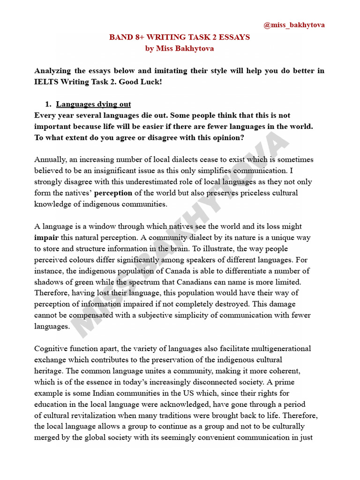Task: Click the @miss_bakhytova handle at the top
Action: (294, 25)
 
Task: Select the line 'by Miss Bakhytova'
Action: (179, 48)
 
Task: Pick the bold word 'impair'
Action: (45, 237)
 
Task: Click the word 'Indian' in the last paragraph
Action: (101, 393)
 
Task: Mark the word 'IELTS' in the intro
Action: (46, 82)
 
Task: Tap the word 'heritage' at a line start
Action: (49, 371)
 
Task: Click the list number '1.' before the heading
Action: (47, 104)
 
